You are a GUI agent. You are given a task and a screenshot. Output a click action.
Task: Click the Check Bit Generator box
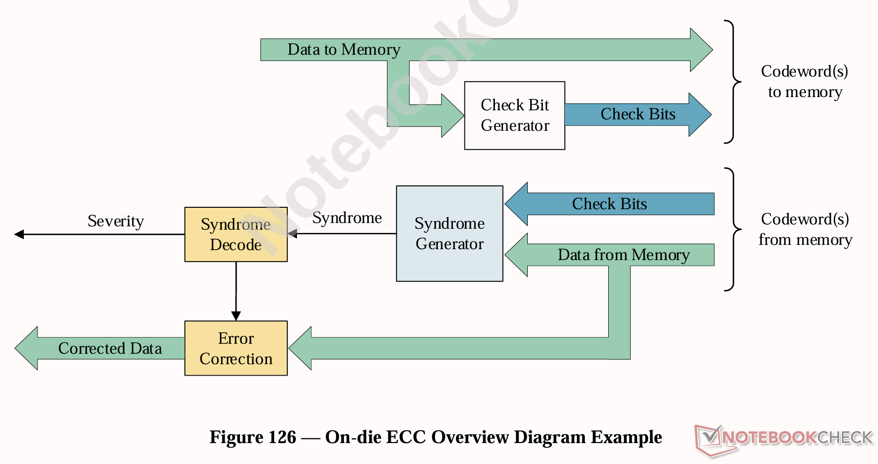point(514,116)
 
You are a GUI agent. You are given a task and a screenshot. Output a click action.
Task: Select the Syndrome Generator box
point(449,233)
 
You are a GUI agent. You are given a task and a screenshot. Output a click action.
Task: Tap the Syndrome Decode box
point(236,234)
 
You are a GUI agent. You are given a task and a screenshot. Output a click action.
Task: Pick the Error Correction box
point(236,348)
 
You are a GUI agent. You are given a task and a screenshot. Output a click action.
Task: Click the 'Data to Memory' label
point(344,49)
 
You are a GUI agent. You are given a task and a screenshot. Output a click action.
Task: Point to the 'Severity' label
point(116,221)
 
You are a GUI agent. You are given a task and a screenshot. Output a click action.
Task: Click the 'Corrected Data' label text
point(110,348)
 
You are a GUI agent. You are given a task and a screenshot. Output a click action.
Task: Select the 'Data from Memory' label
point(623,255)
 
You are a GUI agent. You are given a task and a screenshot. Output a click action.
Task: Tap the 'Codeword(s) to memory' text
point(805,81)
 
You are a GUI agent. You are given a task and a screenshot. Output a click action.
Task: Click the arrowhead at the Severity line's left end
point(19,234)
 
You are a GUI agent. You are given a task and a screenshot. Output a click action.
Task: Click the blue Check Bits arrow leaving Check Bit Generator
point(638,115)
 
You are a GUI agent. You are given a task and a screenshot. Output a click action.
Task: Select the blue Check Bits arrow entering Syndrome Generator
point(609,204)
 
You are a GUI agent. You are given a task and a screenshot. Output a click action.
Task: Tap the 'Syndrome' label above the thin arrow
point(347,218)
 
